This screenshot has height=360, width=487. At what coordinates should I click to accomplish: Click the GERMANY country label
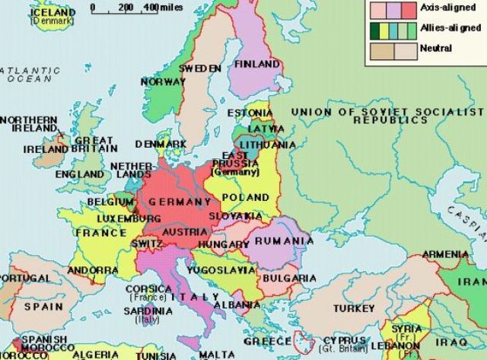pos(180,201)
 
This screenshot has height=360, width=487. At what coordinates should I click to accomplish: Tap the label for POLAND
pos(245,197)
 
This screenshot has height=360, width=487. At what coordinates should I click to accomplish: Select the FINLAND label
pos(257,65)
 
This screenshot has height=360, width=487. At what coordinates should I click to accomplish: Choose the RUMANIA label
pos(284,241)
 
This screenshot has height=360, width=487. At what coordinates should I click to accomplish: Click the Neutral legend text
pos(435,49)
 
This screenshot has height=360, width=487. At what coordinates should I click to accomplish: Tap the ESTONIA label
pos(249,113)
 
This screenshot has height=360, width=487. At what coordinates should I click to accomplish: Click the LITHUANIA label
pos(267,144)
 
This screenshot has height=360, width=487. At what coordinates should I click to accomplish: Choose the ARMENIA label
pos(445,253)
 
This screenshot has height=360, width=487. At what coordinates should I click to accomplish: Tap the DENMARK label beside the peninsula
pos(161,144)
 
